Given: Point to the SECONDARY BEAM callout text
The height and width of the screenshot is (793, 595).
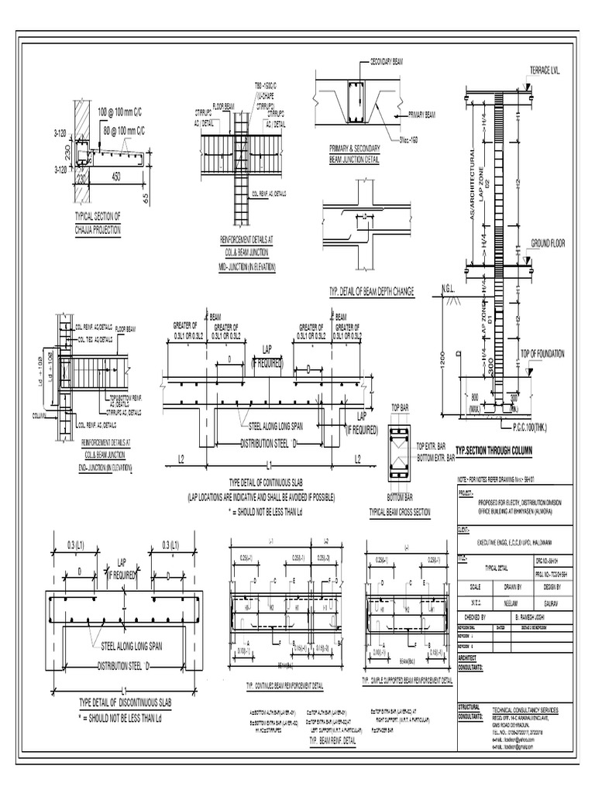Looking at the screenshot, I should pos(391,60).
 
